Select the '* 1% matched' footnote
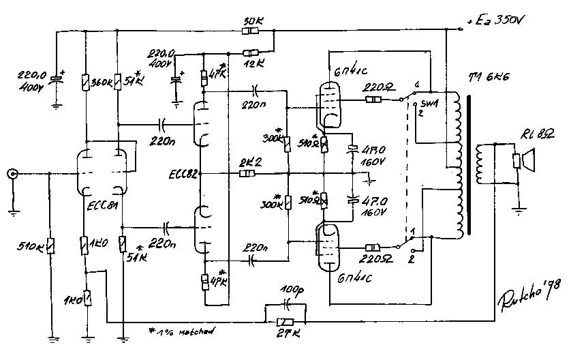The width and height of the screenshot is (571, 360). [181, 331]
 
